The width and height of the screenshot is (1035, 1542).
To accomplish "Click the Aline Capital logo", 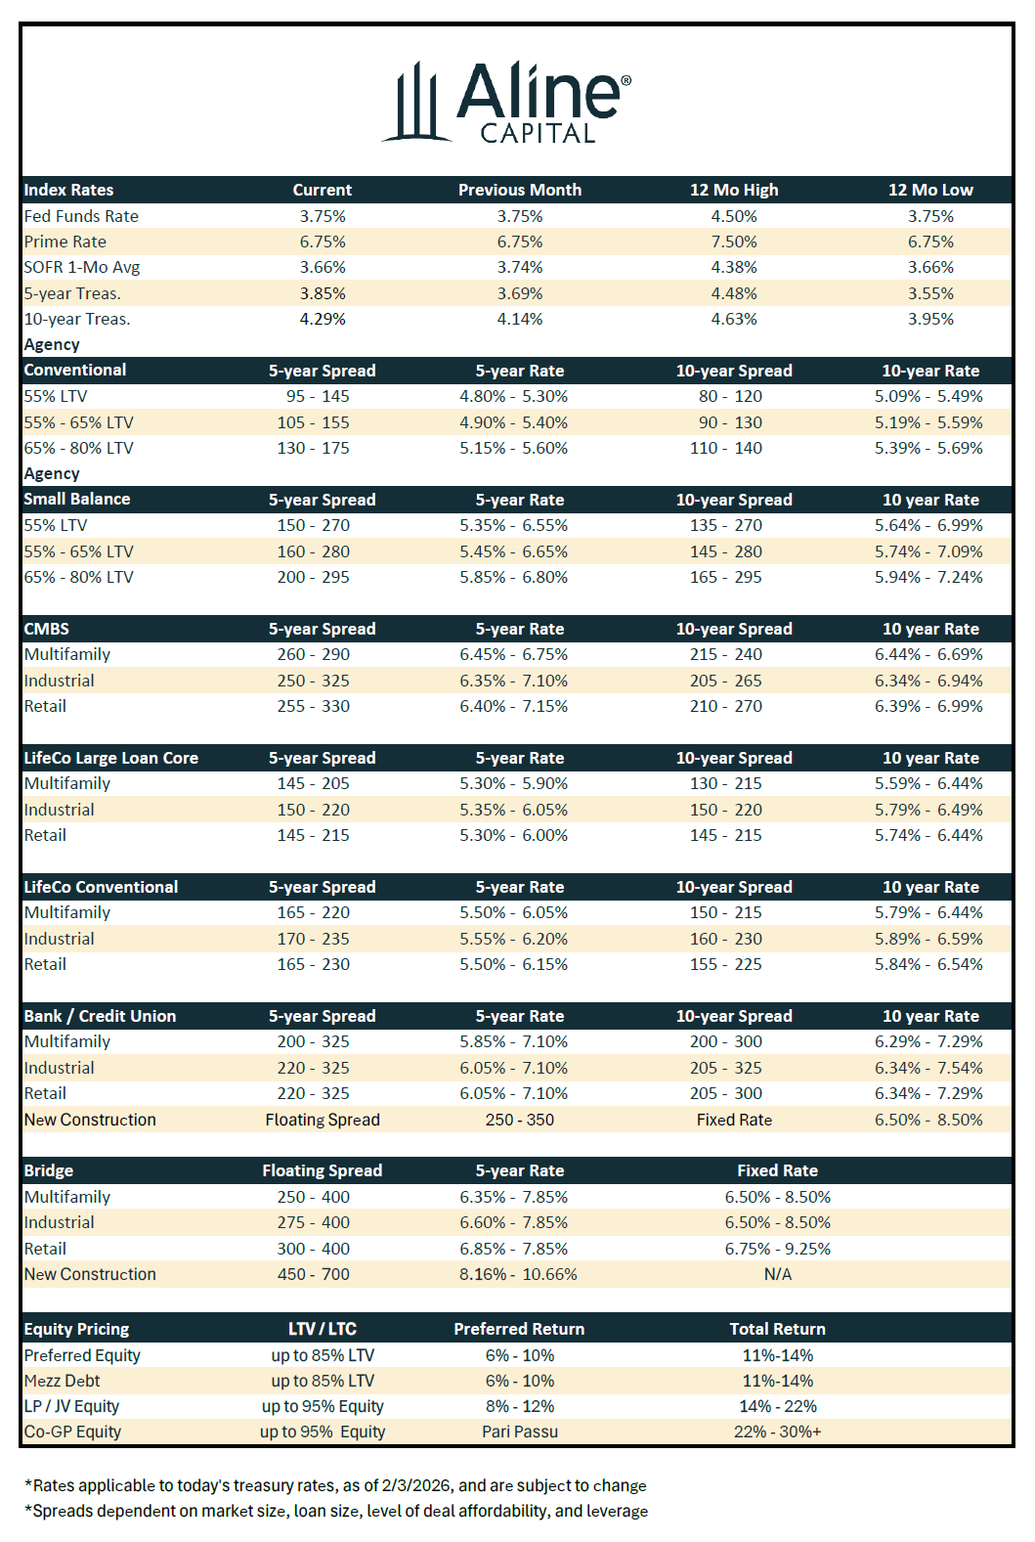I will (506, 103).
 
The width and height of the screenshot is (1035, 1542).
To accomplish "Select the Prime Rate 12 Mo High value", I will (734, 242).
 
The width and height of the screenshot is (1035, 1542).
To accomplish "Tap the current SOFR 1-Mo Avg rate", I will (323, 267).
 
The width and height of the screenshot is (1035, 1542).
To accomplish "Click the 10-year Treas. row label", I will (77, 319).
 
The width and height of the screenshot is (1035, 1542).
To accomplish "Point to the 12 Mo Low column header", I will (930, 190).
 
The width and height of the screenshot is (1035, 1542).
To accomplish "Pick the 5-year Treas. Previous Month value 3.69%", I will (520, 293).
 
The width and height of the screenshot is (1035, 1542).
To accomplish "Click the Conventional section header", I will (75, 370).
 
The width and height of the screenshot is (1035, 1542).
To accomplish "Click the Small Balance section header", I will (77, 499).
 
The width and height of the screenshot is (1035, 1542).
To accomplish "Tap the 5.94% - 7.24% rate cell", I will (928, 577).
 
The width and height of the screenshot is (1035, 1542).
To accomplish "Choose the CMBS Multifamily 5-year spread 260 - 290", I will (313, 654).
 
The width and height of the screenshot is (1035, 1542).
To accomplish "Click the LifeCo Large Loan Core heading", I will (111, 758).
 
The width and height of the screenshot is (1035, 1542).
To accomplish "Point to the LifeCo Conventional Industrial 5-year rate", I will (514, 939).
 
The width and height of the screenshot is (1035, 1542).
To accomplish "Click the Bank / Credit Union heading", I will (101, 1016).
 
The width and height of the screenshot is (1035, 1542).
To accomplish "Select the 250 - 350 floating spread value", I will (520, 1120).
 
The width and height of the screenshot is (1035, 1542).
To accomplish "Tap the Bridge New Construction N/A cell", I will (778, 1274).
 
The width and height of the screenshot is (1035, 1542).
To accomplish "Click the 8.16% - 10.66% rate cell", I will (519, 1274).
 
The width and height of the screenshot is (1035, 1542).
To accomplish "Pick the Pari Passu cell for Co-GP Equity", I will (520, 1432).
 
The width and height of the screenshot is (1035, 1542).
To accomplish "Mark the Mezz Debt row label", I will (63, 1381).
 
